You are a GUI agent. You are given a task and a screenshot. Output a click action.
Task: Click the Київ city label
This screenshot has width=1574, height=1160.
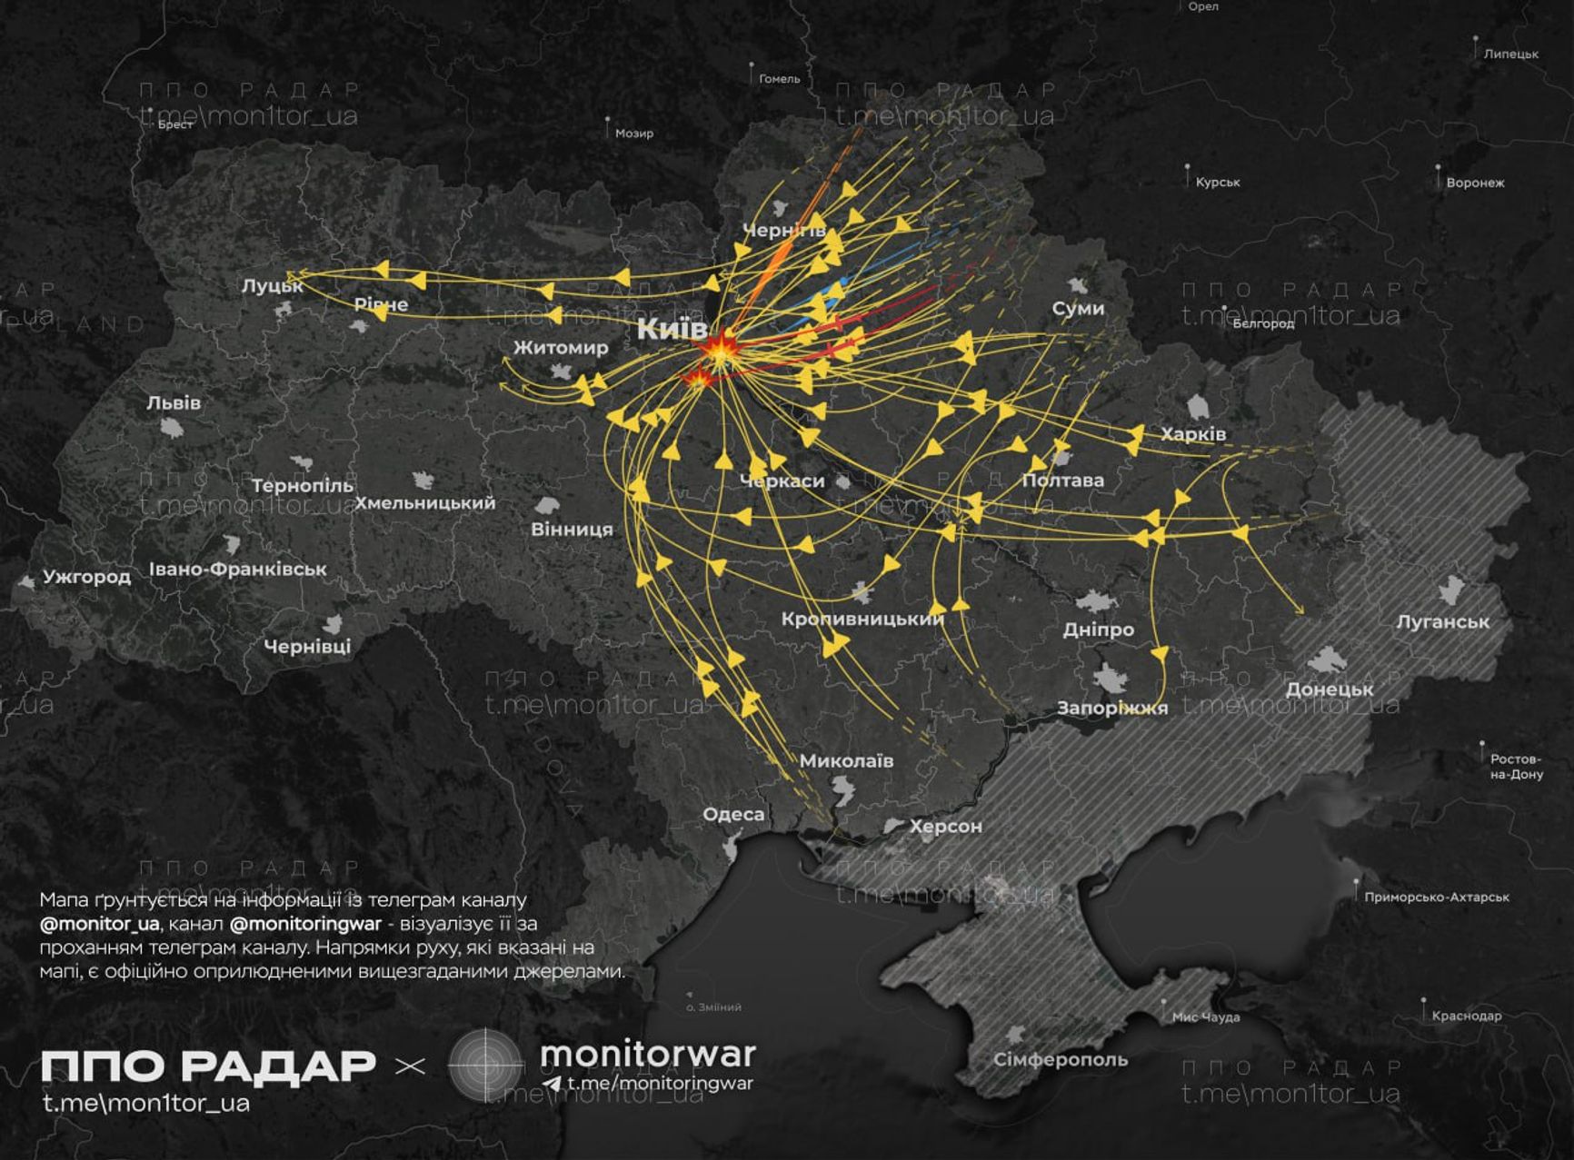[672, 329]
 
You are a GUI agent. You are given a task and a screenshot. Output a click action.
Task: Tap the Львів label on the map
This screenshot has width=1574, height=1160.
[174, 402]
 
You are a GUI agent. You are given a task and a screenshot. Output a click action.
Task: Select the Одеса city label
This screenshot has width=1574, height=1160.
[733, 814]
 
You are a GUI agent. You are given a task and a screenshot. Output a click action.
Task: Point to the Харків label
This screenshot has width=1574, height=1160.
[1193, 434]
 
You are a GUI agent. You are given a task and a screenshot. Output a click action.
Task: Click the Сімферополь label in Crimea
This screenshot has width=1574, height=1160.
[1060, 1059]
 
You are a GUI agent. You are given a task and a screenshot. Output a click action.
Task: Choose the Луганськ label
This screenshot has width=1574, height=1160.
[1442, 622]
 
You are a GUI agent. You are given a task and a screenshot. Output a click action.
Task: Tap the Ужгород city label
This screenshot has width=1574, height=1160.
[86, 577]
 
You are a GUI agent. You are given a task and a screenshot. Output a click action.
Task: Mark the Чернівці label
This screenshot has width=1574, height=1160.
[306, 647]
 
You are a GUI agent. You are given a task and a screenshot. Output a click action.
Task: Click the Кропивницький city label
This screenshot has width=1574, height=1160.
[862, 619]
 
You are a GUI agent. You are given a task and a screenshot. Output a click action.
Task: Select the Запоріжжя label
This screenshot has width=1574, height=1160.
[1111, 708]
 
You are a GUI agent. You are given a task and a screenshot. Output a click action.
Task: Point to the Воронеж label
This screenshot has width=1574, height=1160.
[1474, 183]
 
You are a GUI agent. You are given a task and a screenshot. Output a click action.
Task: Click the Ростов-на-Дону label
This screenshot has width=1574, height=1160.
[1516, 767]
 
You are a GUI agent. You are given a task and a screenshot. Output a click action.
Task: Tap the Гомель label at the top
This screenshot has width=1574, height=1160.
[779, 79]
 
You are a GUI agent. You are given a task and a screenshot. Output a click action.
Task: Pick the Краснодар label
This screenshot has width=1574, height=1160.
[1466, 1016]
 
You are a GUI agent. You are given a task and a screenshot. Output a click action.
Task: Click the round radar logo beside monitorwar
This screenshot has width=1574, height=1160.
[486, 1066]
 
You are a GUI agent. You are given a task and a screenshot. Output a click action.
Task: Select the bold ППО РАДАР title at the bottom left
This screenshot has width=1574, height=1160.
[207, 1066]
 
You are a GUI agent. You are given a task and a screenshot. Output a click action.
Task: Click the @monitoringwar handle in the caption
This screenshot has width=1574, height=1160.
[305, 924]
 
